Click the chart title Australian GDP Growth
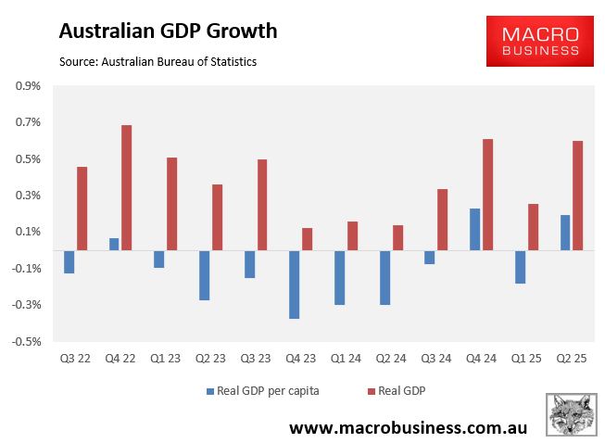click(168, 31)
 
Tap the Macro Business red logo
click(539, 42)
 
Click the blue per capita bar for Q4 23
click(295, 285)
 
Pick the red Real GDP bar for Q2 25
click(578, 196)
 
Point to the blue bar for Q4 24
click(475, 229)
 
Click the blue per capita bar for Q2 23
click(204, 275)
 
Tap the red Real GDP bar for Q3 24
click(443, 220)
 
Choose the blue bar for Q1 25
click(521, 267)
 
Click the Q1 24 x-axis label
click(346, 358)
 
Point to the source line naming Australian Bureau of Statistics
click(158, 61)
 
